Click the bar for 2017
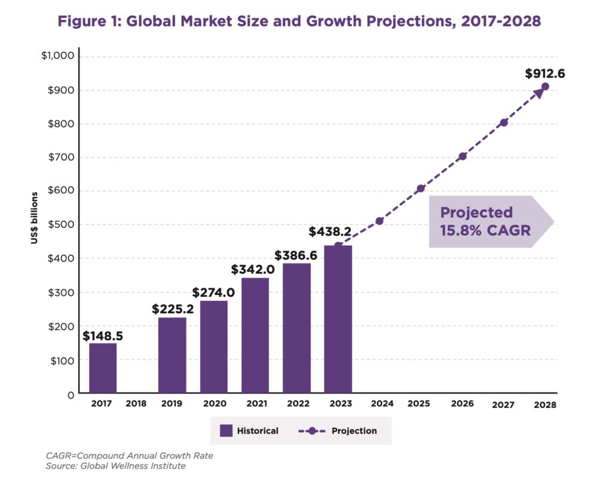[103, 369]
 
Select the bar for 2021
[255, 336]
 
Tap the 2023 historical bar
[338, 319]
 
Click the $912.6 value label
[545, 74]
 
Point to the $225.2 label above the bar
[172, 309]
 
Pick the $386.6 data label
[296, 255]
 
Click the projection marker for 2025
[421, 188]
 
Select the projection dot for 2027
[504, 123]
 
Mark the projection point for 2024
[380, 221]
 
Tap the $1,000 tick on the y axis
[57, 56]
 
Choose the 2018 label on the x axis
[136, 404]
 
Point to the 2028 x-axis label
[545, 404]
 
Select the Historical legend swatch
[225, 431]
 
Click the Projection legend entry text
[354, 431]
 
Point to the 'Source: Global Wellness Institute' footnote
[115, 465]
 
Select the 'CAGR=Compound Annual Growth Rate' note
[129, 455]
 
